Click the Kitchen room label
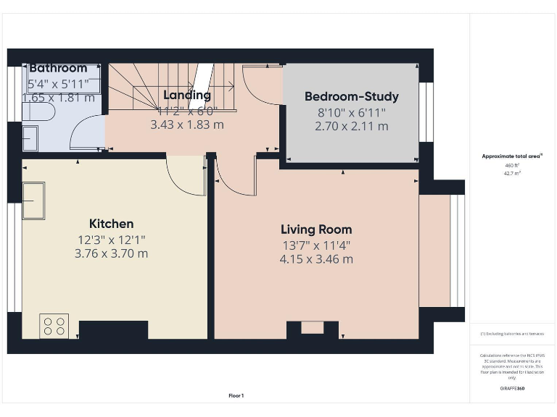pos(111,224)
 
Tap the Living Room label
pos(316,229)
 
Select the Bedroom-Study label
pos(351,96)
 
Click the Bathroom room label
pos(58,68)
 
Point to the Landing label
pos(187,95)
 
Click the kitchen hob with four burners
pos(54,326)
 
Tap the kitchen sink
pos(33,201)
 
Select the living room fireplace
pos(312,329)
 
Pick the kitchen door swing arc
pos(186,177)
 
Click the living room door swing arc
pos(236,178)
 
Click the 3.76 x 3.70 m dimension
pos(111,253)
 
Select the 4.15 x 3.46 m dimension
pos(316,259)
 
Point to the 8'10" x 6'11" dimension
pos(351,112)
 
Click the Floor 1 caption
pos(236,395)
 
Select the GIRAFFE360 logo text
pos(513,389)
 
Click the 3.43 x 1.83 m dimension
pos(187,125)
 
